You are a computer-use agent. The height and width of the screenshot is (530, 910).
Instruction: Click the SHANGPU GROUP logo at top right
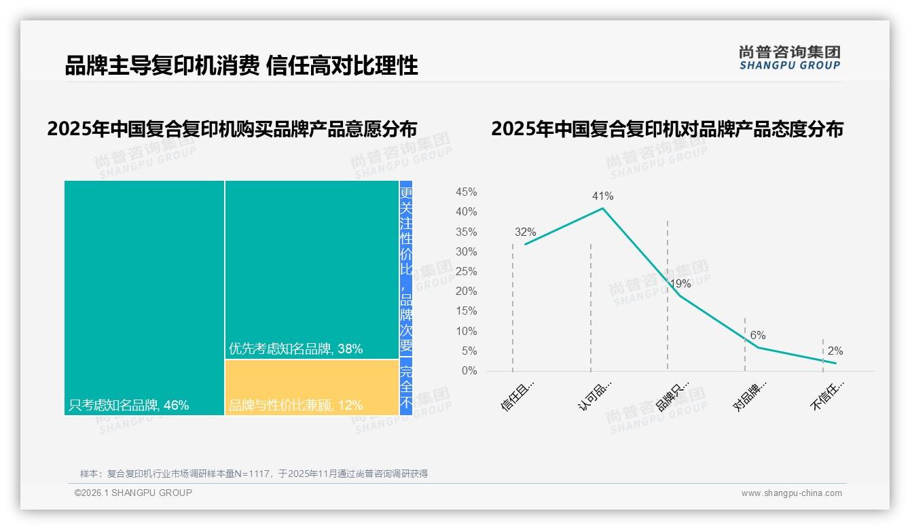(x=789, y=58)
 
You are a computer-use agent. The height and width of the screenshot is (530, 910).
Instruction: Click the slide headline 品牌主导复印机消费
(x=241, y=65)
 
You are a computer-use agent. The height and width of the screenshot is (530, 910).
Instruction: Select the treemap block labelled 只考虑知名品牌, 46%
(x=144, y=297)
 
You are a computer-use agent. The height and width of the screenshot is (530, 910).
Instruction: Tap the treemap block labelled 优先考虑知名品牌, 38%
(x=312, y=269)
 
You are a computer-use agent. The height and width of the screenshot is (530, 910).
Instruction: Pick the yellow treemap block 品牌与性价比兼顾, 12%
(x=312, y=387)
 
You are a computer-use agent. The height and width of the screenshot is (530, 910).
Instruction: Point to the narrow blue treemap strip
(x=406, y=297)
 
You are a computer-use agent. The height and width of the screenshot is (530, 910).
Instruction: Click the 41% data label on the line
(x=602, y=196)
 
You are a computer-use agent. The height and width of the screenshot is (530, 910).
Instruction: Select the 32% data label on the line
(x=525, y=232)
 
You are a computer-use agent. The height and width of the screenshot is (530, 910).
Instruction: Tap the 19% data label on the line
(x=680, y=283)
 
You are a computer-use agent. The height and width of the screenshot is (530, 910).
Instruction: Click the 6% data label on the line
(x=758, y=335)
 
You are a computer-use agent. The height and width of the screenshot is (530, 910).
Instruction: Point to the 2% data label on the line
(x=835, y=351)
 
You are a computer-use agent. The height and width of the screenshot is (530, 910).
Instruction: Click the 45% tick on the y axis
(x=466, y=192)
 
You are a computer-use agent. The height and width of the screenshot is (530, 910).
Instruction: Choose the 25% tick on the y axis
(x=466, y=272)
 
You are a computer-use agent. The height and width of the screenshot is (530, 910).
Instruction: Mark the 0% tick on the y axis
(x=469, y=371)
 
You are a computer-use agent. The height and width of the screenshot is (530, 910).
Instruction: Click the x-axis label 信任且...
(x=517, y=395)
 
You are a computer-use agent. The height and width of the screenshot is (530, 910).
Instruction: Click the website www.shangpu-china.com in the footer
(x=791, y=493)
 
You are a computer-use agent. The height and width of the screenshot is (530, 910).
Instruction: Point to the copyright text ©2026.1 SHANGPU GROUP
(x=133, y=493)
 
